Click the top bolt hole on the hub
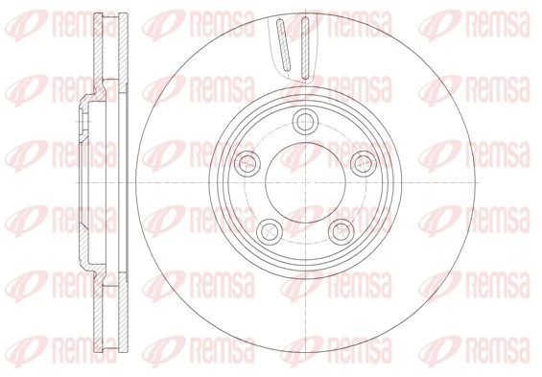click(305, 121)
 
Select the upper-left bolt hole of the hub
click(247, 163)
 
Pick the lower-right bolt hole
click(342, 231)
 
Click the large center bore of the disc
click(306, 182)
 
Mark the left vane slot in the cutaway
click(284, 45)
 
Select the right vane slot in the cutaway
click(304, 48)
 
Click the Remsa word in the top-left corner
click(84, 24)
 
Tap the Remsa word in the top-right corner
click(498, 24)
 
